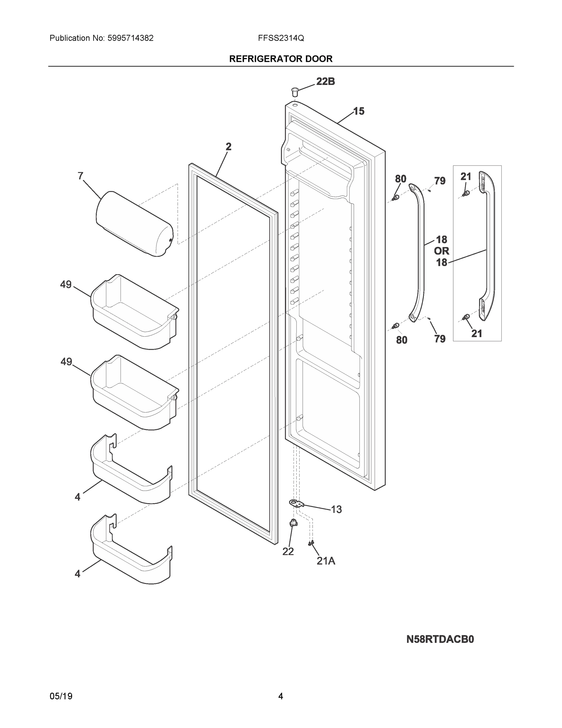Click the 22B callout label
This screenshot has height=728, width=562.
click(325, 81)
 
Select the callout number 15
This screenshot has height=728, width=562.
click(359, 111)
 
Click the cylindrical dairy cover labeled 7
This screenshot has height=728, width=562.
click(135, 224)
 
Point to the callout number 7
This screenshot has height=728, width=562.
click(80, 176)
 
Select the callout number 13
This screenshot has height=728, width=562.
click(336, 509)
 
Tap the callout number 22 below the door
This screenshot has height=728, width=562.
click(288, 551)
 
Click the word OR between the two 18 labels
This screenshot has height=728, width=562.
click(441, 251)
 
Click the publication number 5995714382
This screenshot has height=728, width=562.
click(131, 38)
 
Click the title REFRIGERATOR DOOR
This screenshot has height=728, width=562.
click(281, 59)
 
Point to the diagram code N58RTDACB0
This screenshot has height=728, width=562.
click(440, 639)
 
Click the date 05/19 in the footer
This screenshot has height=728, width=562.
click(61, 696)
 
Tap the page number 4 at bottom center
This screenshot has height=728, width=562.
click(280, 696)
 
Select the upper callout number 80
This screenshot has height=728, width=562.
click(401, 179)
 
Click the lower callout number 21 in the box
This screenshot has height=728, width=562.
click(477, 333)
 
